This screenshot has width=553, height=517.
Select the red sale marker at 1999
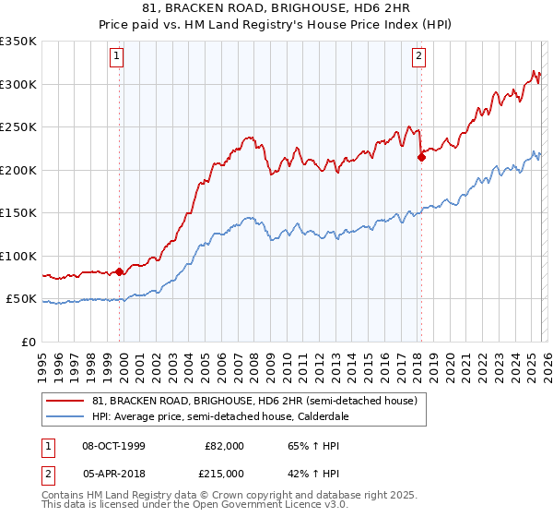pos(120,271)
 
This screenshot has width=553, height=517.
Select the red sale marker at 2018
pos(421,158)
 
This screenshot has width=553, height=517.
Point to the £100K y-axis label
pos(18,256)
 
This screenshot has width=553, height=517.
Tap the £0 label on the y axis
pos(28,342)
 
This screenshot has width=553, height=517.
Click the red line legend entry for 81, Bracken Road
pos(254,402)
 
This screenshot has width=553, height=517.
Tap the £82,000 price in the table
pos(225,445)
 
